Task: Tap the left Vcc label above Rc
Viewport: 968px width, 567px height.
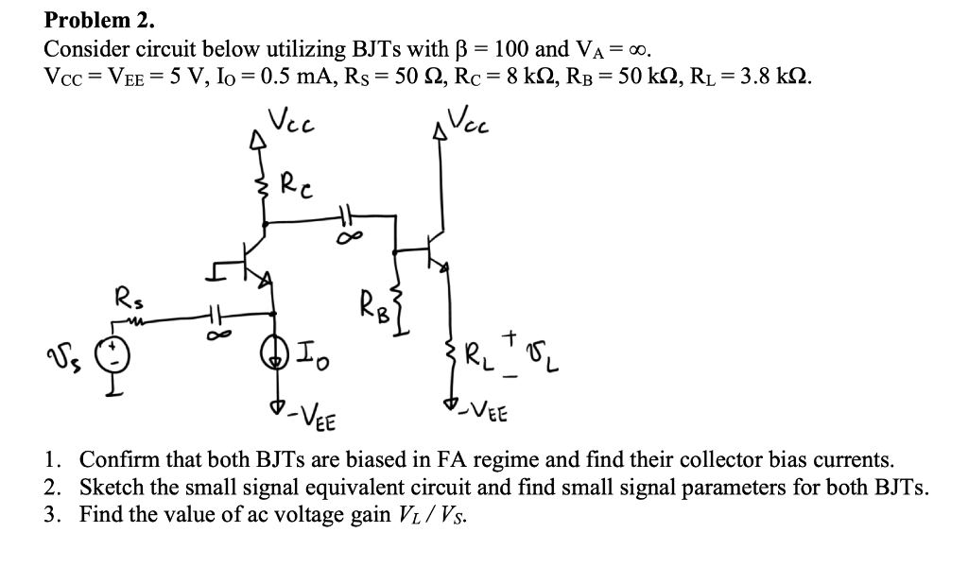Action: click(290, 122)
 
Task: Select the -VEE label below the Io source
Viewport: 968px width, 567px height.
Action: click(307, 413)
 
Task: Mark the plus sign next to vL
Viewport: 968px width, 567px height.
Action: click(512, 335)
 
